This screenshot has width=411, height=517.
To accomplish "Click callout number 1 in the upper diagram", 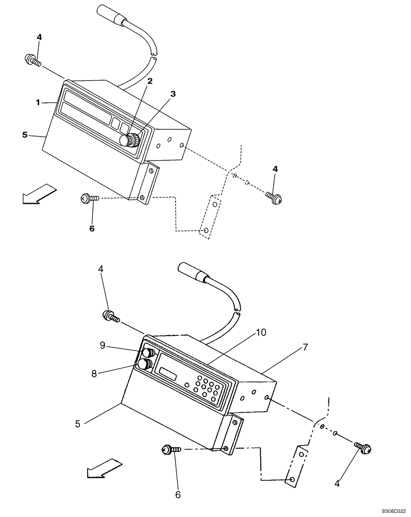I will point(38,102).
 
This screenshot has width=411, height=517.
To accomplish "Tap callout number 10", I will point(261,332).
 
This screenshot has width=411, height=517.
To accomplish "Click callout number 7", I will point(305,347).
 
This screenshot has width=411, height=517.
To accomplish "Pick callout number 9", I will point(102,346).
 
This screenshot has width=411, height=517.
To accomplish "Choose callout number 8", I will point(94,373).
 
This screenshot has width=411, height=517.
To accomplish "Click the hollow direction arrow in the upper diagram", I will point(38,194).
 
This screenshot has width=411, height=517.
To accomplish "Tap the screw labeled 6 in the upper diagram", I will point(89,198).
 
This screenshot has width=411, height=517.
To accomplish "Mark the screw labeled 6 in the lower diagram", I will point(171,450).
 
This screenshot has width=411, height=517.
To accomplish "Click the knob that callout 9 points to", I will point(148,353).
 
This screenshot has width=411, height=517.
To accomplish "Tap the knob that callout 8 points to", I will point(144,365).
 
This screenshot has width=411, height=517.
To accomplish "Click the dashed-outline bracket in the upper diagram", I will point(211,217).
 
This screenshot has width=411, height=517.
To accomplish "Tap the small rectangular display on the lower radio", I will point(169,373).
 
